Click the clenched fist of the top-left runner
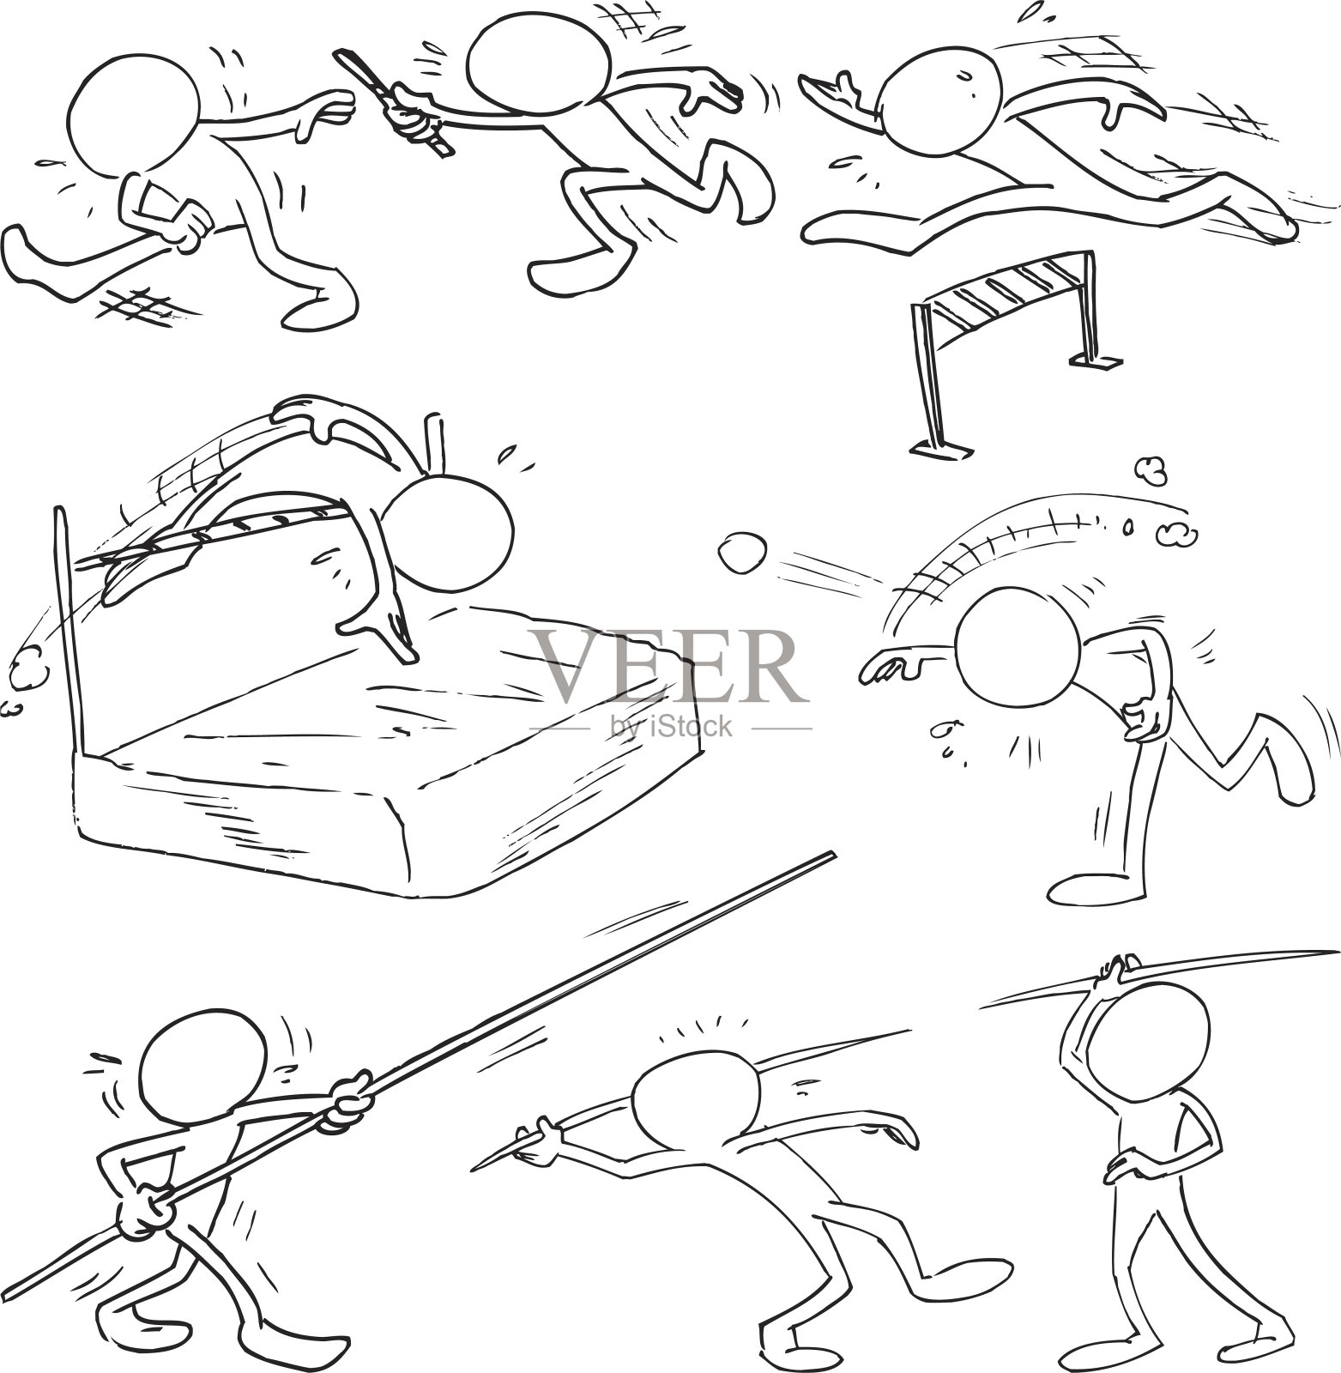tap(186, 225)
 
